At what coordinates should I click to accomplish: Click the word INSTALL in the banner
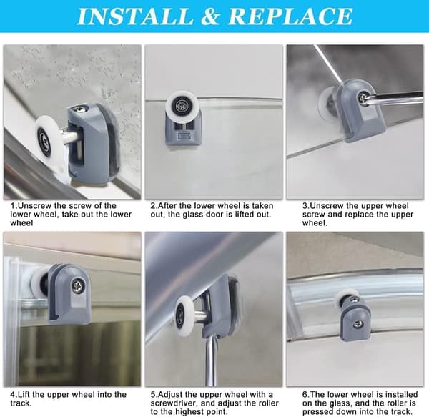pos(135,16)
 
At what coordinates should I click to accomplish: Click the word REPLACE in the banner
pos(290,16)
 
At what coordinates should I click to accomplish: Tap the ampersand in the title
pos(210,16)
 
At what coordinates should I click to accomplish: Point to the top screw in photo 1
pos(81,109)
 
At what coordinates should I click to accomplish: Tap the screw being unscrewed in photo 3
pos(363,97)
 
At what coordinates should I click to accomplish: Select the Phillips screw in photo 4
pos(77,286)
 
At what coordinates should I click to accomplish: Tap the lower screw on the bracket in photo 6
pos(357,325)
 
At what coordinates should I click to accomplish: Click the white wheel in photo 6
pos(342,299)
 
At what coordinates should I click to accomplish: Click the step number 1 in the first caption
pos(13,205)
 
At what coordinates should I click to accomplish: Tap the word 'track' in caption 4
pos(21,403)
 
